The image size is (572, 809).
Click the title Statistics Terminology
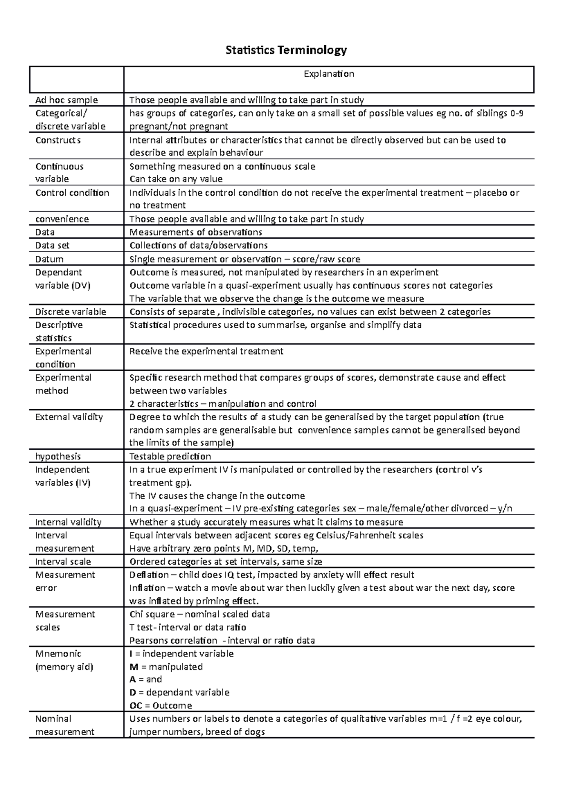click(x=286, y=50)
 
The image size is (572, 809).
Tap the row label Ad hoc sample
click(x=66, y=100)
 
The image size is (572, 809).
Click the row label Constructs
click(x=58, y=140)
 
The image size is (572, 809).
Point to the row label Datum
click(x=50, y=259)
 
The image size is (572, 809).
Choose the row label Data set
click(x=52, y=245)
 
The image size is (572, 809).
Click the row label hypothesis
click(x=58, y=456)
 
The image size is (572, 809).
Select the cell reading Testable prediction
click(x=170, y=456)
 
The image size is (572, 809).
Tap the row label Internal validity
click(x=68, y=522)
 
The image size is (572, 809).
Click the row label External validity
click(x=69, y=417)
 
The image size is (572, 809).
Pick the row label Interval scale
click(x=63, y=562)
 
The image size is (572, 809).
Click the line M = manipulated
click(x=166, y=667)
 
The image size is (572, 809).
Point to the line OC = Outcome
click(x=161, y=706)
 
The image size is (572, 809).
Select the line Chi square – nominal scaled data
click(x=200, y=614)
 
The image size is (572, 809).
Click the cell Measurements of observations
click(x=196, y=232)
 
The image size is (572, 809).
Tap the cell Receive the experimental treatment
click(x=206, y=351)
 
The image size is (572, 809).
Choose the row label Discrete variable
click(x=71, y=312)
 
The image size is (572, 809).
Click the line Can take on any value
click(x=176, y=179)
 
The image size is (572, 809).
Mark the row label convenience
click(x=62, y=219)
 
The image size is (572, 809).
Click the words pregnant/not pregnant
click(x=179, y=126)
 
